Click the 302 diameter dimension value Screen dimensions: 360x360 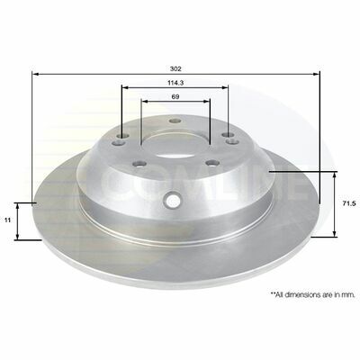pos(175,68)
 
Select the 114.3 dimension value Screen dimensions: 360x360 pos(175,83)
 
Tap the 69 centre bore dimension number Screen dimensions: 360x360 pos(175,96)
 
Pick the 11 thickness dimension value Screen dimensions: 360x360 pos(8,220)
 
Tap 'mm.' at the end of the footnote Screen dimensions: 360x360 pos(349,294)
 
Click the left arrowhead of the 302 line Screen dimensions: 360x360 pos(36,74)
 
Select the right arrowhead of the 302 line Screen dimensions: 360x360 pos(316,74)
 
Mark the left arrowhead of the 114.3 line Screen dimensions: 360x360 pos(125,87)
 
